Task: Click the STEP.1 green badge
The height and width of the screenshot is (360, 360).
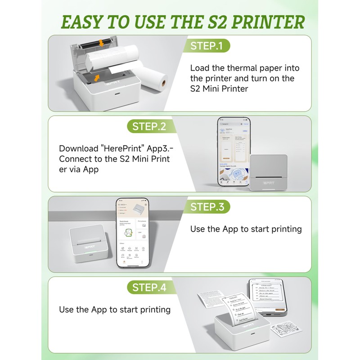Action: click(207, 45)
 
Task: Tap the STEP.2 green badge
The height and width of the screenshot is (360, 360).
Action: click(148, 126)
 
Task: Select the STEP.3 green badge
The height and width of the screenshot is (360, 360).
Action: click(207, 207)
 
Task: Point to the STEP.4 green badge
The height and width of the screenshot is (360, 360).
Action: click(148, 287)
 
